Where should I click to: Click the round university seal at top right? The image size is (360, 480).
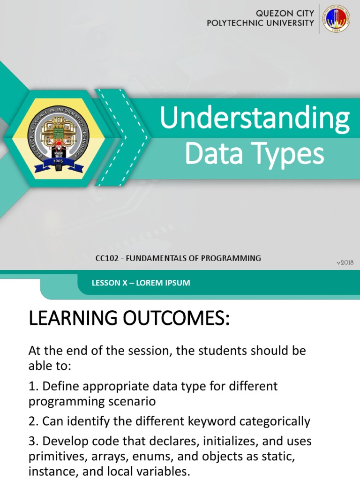(x=336, y=19)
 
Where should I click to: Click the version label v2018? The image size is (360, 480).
(x=345, y=262)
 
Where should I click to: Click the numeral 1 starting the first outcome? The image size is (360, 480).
(x=31, y=387)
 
